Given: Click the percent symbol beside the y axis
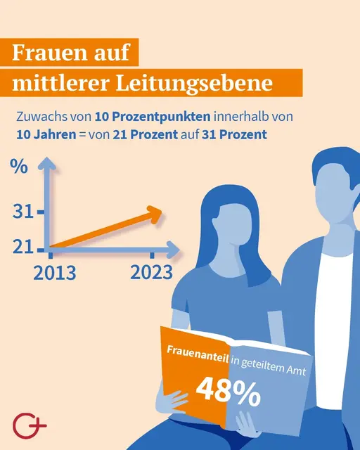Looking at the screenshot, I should point(19,168).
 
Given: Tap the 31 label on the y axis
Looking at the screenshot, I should point(23,211).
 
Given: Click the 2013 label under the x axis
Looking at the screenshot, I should point(54,272).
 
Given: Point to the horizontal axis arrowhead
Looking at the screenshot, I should point(174,248).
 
